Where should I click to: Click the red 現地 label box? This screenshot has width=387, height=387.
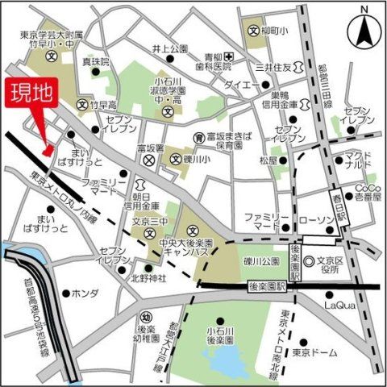(x=31, y=94)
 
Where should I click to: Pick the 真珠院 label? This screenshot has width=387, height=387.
(x=95, y=60)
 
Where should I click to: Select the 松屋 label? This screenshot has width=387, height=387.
(x=268, y=160)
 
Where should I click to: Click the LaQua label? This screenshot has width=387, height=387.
(x=339, y=305)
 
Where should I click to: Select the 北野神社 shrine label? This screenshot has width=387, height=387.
(x=149, y=279)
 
